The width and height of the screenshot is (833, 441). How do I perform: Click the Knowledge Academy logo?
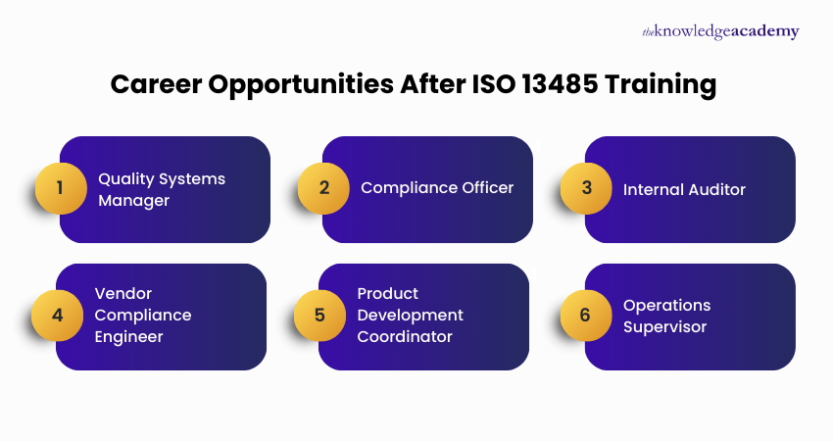click(720, 31)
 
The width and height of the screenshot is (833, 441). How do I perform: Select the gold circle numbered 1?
click(61, 188)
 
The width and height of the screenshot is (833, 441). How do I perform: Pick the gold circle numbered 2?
click(323, 188)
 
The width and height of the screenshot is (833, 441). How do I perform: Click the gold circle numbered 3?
click(586, 188)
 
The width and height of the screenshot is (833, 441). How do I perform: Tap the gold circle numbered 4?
click(57, 316)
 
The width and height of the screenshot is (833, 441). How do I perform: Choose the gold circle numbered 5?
click(319, 316)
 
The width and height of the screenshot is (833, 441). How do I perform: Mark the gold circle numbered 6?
click(586, 316)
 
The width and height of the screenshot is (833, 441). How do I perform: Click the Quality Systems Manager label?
click(162, 189)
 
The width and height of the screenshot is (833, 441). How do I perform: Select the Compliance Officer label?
click(437, 187)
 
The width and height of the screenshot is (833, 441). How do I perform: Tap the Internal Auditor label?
click(684, 188)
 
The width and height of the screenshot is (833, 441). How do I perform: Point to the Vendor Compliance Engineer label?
click(143, 316)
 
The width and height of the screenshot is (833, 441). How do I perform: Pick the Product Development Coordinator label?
click(410, 316)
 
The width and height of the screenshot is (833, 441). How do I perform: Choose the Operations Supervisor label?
click(666, 316)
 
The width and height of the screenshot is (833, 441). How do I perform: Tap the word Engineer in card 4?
click(128, 337)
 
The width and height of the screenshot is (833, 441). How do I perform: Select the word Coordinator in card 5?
click(405, 337)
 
